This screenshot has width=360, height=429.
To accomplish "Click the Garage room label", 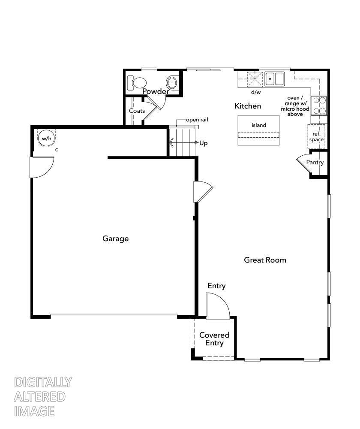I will (x=115, y=239).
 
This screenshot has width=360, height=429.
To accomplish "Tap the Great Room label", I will (x=265, y=260).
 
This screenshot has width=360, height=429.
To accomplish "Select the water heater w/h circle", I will (x=46, y=138).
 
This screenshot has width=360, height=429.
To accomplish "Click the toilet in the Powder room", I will (x=138, y=82).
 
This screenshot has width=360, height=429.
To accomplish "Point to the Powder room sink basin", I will (x=172, y=82).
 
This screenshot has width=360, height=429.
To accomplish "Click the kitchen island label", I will (x=259, y=125).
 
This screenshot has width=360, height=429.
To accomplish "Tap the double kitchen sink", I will (x=274, y=79).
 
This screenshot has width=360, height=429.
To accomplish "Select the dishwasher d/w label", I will (x=256, y=92).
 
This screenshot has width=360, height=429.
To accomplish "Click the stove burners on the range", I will (x=319, y=106).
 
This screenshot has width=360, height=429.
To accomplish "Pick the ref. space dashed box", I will (x=316, y=137).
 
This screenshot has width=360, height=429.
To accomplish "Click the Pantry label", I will (x=315, y=163).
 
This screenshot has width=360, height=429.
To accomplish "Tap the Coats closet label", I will (x=137, y=111).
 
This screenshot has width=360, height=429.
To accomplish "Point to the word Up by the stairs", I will (x=203, y=143).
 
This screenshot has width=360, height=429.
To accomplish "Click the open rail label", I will (x=197, y=120).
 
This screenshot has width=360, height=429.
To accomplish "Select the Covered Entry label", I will (x=214, y=339).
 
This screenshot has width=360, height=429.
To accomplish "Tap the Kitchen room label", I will (x=248, y=106).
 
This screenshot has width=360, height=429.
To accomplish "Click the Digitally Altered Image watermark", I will (x=43, y=396).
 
